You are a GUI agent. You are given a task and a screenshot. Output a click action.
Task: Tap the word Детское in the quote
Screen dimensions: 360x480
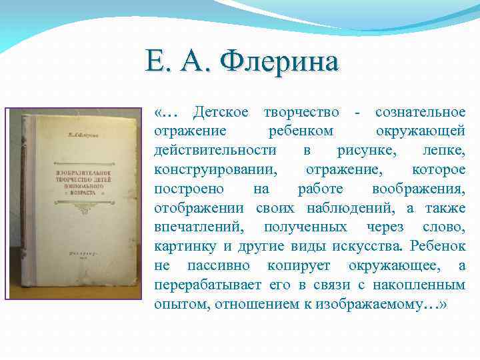[221, 113]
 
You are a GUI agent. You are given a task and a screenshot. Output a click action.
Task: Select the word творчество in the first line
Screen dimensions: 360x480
[301, 113]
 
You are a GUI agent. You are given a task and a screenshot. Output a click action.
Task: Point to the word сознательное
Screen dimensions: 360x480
[420, 113]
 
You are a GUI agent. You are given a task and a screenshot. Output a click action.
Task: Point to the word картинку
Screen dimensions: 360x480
[185, 247]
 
